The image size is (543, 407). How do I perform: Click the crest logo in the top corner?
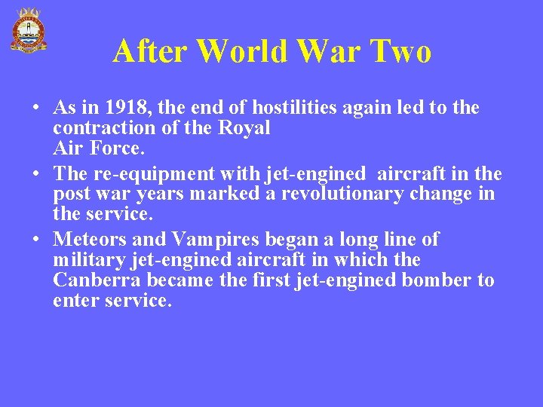tap(28, 29)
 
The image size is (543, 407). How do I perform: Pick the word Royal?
tap(244, 128)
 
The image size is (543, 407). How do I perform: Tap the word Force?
tap(114, 148)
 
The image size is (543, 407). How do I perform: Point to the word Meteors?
tap(90, 240)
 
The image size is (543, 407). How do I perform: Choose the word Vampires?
tap(214, 240)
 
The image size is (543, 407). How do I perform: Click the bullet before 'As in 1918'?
tap(35, 109)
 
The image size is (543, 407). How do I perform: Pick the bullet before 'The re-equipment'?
tap(35, 175)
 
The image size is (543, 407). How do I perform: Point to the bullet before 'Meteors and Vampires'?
tap(35, 240)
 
